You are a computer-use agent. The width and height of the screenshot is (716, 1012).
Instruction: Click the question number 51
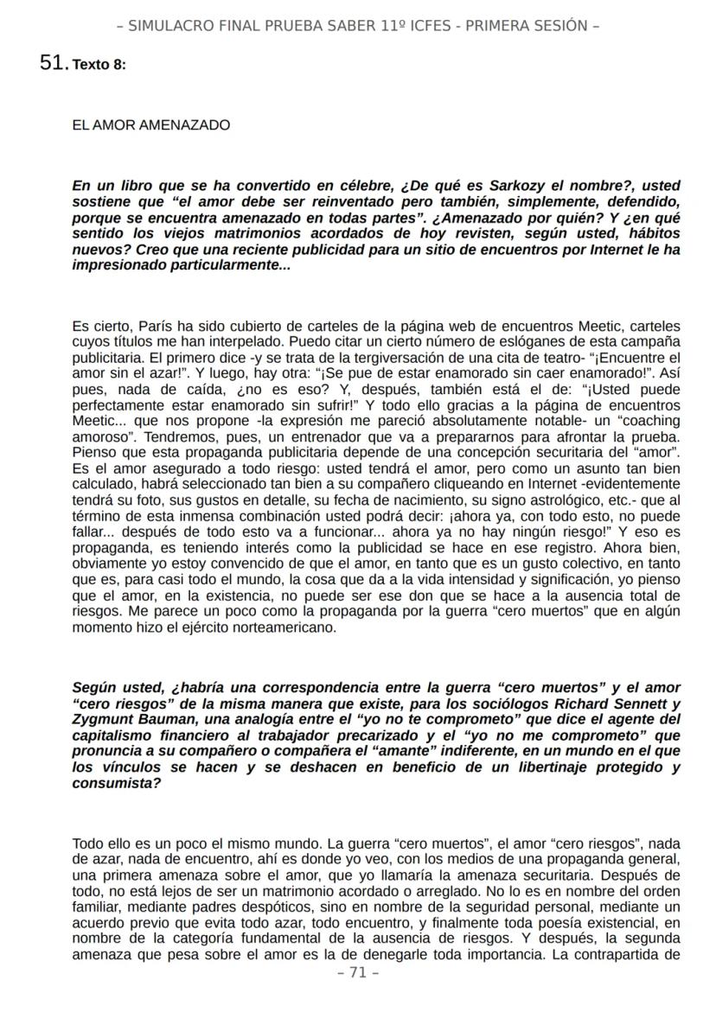click(54, 63)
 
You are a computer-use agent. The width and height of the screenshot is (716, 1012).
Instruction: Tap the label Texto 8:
click(99, 65)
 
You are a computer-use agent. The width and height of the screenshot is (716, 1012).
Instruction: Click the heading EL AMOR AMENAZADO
click(151, 125)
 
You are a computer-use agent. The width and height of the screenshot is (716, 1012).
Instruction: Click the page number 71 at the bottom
click(358, 973)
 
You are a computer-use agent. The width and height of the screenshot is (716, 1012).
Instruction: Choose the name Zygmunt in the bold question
click(104, 719)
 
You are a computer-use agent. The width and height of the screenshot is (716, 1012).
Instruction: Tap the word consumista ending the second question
click(116, 784)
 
